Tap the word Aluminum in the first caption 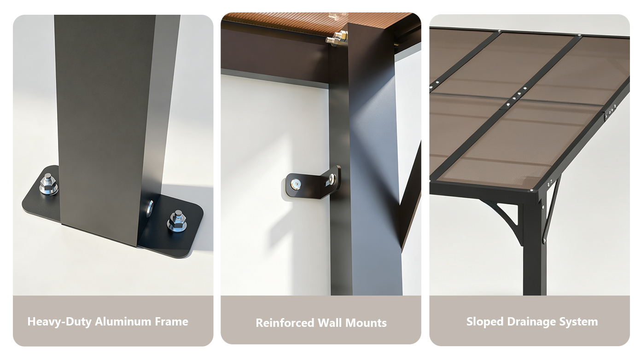tap(123, 321)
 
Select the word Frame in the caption tap(171, 321)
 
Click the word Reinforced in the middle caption tap(285, 323)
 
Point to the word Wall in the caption tap(330, 323)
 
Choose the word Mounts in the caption tap(366, 323)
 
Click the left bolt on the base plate tap(48, 184)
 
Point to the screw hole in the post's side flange tap(150, 209)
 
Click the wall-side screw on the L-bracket tap(296, 184)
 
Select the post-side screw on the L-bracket tap(332, 179)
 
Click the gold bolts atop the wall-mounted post tap(337, 38)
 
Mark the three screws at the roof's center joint tap(519, 94)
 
